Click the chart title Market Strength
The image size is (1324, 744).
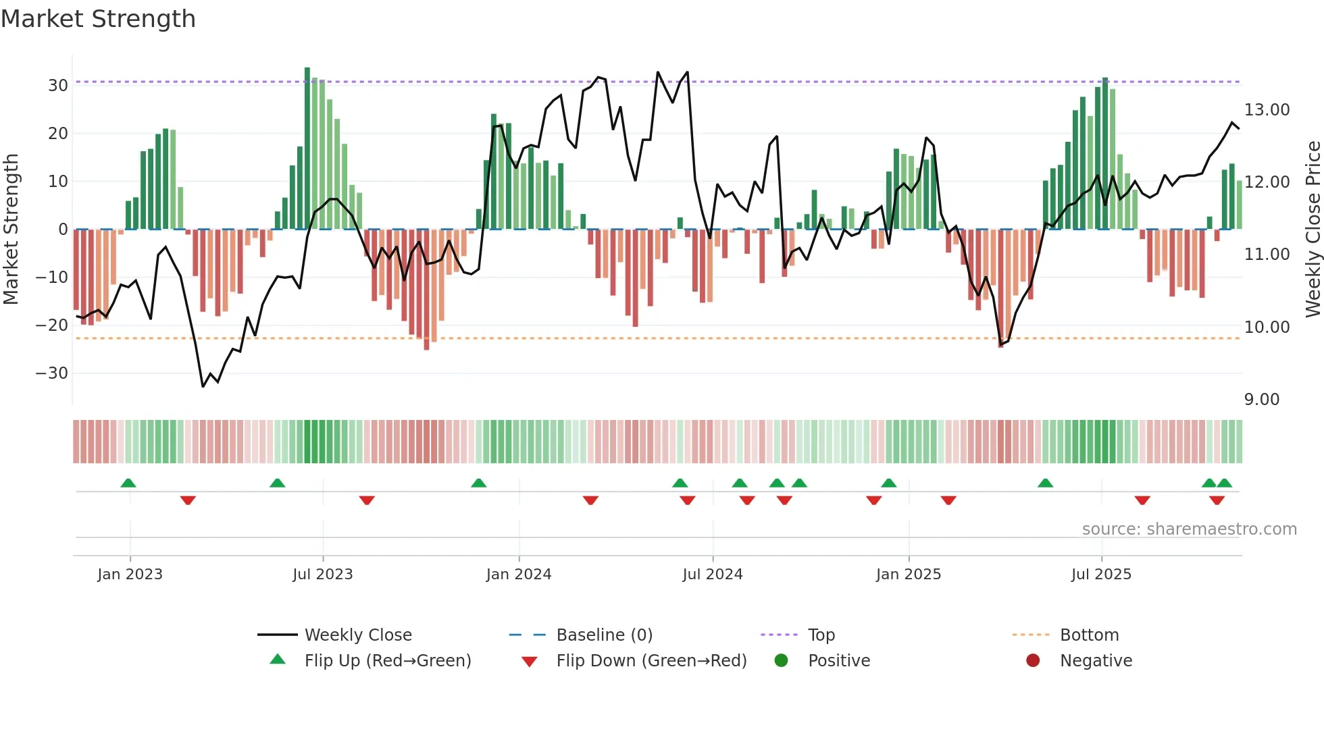click(99, 19)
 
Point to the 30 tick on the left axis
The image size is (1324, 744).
click(58, 86)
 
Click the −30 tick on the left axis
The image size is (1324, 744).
click(52, 373)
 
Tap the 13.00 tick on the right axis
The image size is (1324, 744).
click(1267, 110)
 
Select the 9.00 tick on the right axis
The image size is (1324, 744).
click(1261, 400)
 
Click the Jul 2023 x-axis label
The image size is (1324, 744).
click(322, 575)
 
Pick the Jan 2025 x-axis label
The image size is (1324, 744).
click(908, 575)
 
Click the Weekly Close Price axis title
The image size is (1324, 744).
click(1313, 229)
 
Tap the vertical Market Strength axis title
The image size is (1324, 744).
click(11, 229)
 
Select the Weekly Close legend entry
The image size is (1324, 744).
click(357, 635)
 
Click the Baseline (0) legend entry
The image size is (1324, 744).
click(604, 635)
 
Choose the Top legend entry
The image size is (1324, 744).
click(821, 635)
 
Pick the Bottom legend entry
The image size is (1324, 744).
click(1089, 635)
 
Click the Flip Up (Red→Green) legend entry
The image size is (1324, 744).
click(387, 661)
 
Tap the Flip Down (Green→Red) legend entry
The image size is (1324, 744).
click(651, 661)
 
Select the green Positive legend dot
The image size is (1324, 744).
click(782, 661)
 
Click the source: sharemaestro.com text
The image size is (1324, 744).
click(1189, 529)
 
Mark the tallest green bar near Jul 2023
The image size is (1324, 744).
click(307, 149)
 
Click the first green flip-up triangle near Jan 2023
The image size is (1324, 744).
click(128, 483)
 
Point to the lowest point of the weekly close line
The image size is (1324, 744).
click(203, 386)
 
